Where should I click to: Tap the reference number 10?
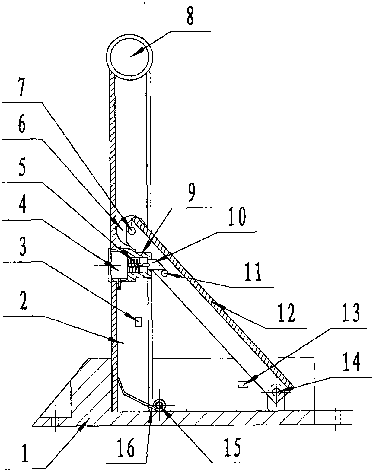239,218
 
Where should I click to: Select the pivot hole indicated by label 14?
275,392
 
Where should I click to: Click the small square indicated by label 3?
138,322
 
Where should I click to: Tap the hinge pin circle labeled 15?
159,405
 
